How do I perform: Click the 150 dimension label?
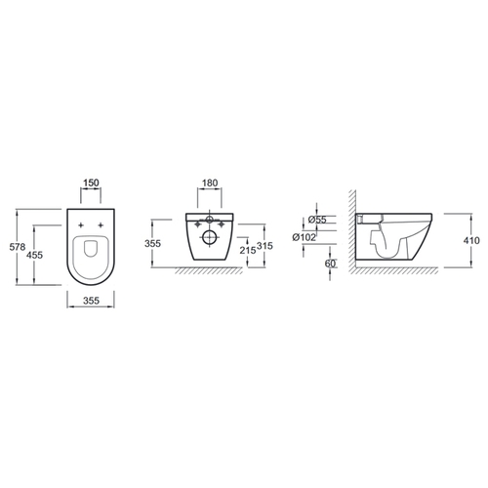pyautogui.click(x=91, y=183)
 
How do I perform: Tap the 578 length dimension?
pyautogui.click(x=18, y=247)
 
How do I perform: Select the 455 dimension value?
pyautogui.click(x=34, y=255)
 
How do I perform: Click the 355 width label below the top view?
pyautogui.click(x=91, y=301)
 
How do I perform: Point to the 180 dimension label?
pyautogui.click(x=210, y=183)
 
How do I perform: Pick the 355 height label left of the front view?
pyautogui.click(x=152, y=243)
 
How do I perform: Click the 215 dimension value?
pyautogui.click(x=248, y=250)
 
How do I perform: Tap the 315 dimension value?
pyautogui.click(x=264, y=246)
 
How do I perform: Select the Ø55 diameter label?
pyautogui.click(x=317, y=220)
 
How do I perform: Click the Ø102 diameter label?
pyautogui.click(x=305, y=237)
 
